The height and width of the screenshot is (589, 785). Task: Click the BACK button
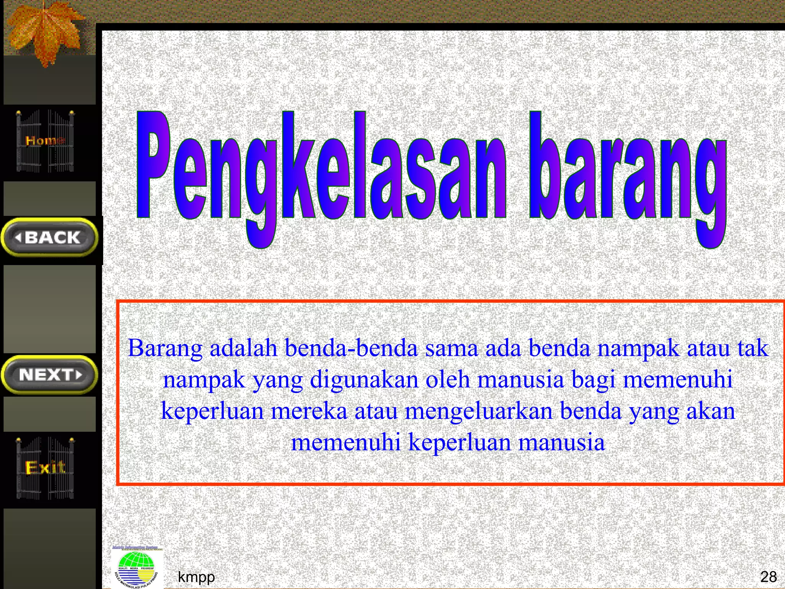[50, 237]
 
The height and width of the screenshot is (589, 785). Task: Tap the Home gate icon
[45, 141]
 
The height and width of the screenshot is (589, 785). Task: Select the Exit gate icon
[45, 468]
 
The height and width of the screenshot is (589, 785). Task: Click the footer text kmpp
[196, 577]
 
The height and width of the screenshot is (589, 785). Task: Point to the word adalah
[243, 348]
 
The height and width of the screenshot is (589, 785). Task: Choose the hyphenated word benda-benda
[351, 348]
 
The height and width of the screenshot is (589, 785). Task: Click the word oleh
[448, 380]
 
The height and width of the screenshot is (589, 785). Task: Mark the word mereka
[309, 411]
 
